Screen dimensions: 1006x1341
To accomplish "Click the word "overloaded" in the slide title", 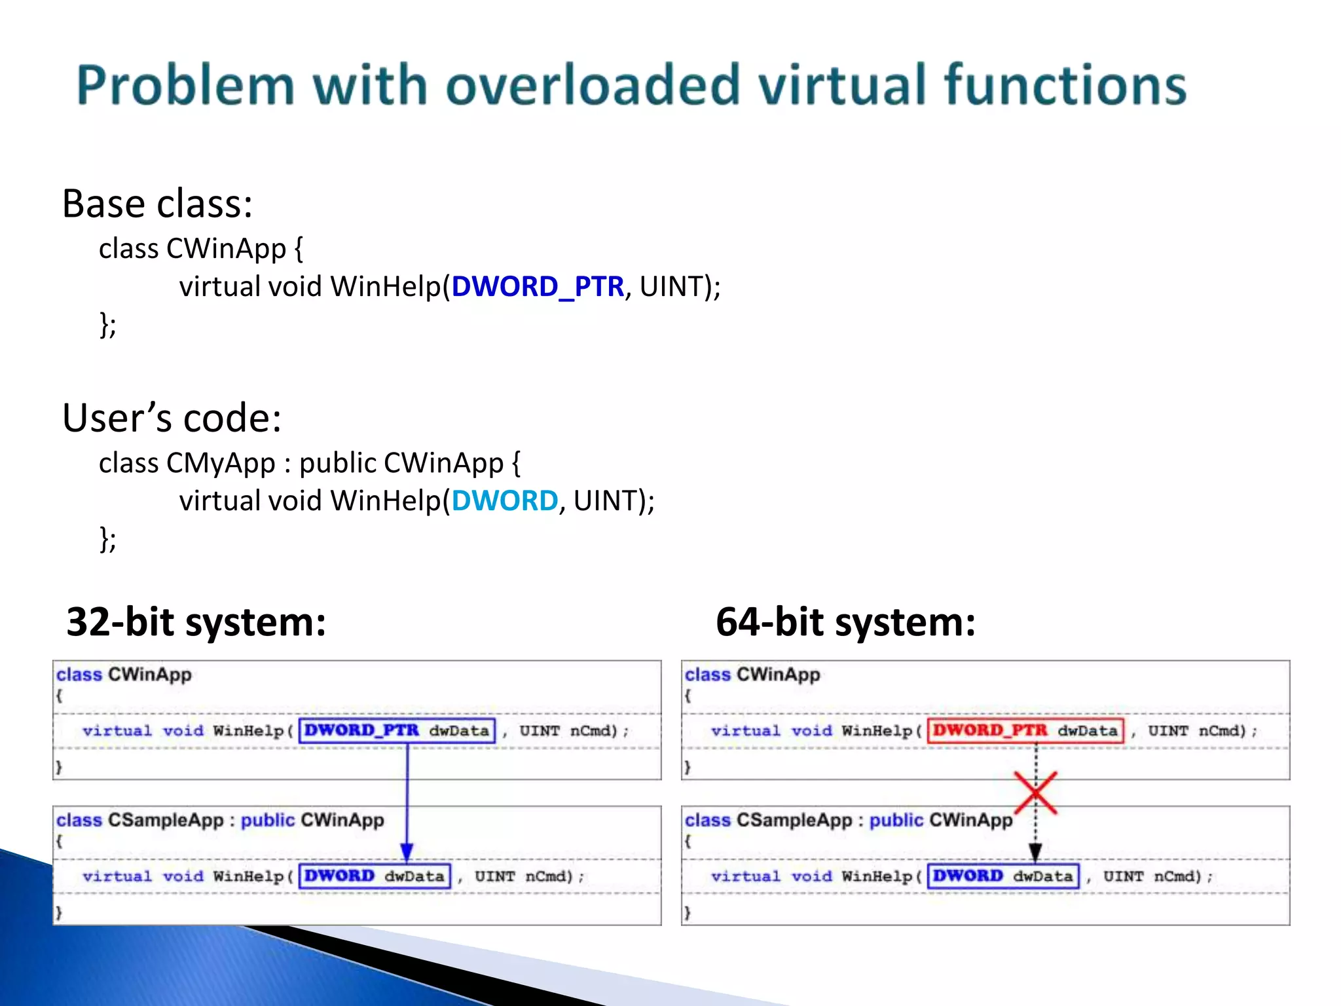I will pos(593,85).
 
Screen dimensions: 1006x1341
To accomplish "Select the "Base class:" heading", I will pos(157,204).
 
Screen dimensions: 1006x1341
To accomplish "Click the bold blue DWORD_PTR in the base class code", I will pos(538,287).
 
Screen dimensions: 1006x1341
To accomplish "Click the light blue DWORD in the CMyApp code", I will pos(504,501).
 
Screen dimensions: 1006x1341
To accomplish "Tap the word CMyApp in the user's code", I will pos(221,463).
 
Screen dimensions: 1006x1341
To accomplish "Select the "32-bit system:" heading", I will pos(196,622).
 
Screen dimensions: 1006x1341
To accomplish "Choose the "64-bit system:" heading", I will pos(845,622).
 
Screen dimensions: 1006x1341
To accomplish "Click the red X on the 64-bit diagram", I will pos(1035,792).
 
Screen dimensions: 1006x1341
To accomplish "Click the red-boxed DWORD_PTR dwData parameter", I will pos(1025,730).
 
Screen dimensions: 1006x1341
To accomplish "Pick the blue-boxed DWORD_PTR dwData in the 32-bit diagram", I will pos(397,730).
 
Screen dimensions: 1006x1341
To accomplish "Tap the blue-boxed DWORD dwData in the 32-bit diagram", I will pos(375,876).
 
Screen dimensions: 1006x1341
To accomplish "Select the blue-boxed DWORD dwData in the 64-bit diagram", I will pos(1003,876).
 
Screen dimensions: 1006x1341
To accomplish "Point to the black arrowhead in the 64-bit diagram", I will pos(1035,852).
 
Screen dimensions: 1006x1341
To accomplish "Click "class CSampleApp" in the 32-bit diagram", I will pos(140,820).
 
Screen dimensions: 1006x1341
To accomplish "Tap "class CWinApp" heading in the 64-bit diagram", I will pos(752,675).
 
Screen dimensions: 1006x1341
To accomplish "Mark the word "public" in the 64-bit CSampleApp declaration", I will pos(896,820).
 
